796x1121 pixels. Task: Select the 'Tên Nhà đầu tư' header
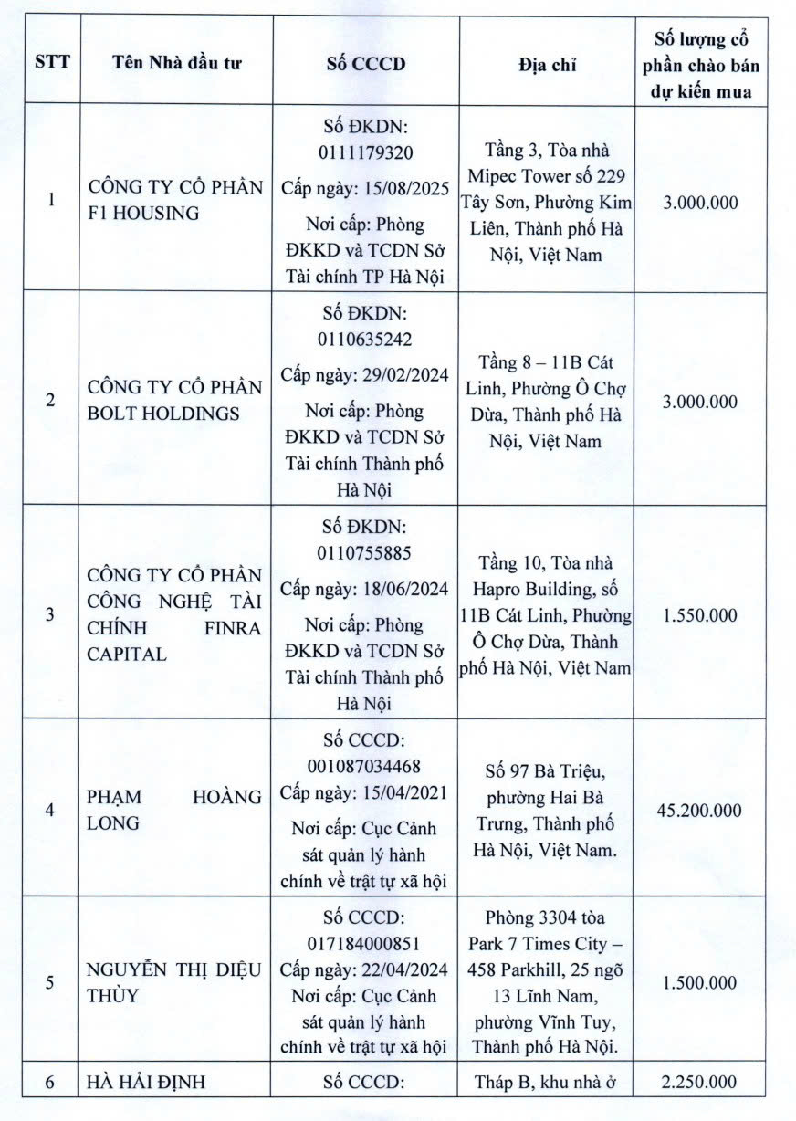(178, 64)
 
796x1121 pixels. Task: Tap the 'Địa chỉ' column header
(547, 64)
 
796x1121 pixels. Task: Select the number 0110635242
(365, 340)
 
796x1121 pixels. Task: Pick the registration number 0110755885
(365, 553)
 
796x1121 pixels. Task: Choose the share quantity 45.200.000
(699, 811)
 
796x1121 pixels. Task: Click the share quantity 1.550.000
(699, 615)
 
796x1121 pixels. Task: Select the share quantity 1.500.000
(699, 982)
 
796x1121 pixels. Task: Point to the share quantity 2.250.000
(699, 1083)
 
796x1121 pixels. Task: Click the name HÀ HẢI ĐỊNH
(146, 1084)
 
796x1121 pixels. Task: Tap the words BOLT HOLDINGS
(163, 414)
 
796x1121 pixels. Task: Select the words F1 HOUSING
(143, 215)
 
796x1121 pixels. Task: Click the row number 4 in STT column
(49, 811)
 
